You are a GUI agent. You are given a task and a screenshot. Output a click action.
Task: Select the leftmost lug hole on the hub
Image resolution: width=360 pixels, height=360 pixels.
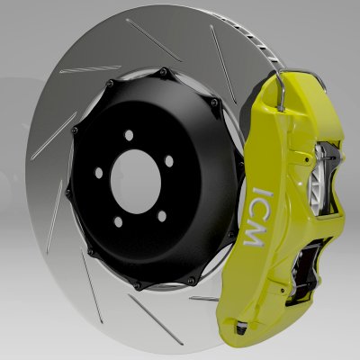[x=96, y=171]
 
